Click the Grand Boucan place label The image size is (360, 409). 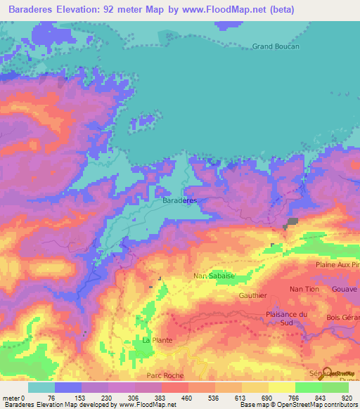276,46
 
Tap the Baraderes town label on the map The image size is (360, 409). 180,201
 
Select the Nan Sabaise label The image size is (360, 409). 214,276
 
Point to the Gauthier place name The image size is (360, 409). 254,296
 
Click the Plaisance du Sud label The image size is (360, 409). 287,318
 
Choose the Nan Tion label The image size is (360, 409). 304,289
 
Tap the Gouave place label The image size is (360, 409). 345,290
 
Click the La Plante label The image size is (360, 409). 156,340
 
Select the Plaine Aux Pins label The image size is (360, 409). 337,264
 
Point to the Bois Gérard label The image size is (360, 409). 343,318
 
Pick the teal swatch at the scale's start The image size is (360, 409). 41,387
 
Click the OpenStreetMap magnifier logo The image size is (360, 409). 325,374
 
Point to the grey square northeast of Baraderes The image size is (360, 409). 290,222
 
